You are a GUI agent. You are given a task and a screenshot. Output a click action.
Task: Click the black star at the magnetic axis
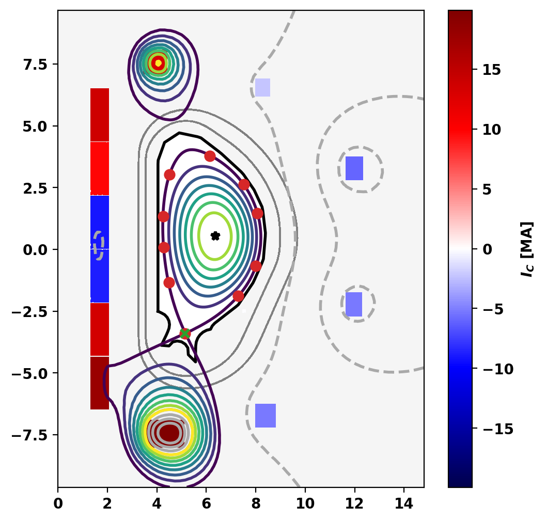coord(215,236)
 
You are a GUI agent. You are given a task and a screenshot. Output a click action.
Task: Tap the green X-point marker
coord(184,333)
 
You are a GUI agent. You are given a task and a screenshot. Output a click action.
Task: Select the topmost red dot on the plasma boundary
coord(210,156)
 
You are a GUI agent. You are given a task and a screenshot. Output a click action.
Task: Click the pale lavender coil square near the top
coord(263,87)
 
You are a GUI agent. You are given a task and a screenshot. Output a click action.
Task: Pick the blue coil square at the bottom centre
coord(266,416)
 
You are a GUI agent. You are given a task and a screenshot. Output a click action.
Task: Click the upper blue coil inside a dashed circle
coord(354,168)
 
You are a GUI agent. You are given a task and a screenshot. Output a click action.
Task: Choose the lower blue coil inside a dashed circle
coord(354,304)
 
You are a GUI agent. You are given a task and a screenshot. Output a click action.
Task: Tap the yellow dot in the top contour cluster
coord(158,63)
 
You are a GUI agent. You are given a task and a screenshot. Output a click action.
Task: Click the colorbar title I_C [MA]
coord(527,249)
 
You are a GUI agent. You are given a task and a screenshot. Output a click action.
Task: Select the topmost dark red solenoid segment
coord(100,114)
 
